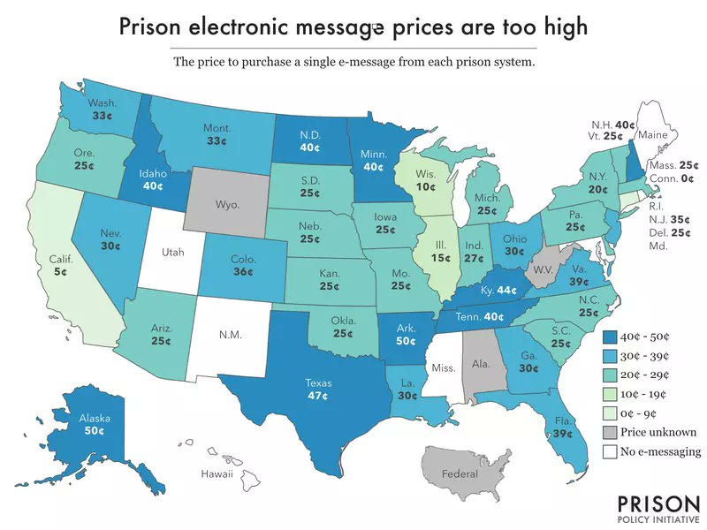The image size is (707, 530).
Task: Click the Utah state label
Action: (x=173, y=253)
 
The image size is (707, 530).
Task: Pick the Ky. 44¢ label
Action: (x=499, y=289)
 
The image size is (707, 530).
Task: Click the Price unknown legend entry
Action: (x=658, y=433)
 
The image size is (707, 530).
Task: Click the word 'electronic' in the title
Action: (x=247, y=27)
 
